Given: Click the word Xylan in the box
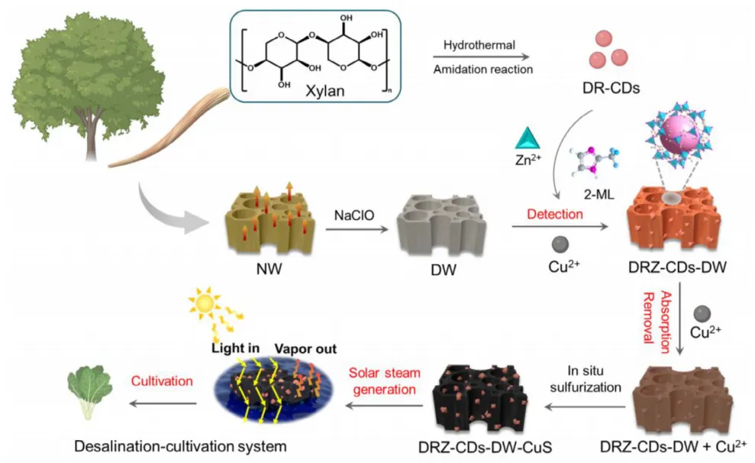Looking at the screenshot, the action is pyautogui.click(x=325, y=91).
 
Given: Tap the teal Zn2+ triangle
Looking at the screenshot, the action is pyautogui.click(x=528, y=138).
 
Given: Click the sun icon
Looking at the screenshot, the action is pyautogui.click(x=205, y=303).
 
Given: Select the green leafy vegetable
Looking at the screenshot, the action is pyautogui.click(x=89, y=391).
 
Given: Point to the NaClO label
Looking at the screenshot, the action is pyautogui.click(x=354, y=215).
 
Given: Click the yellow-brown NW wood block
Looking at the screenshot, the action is pyautogui.click(x=270, y=220).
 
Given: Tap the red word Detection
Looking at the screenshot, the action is pyautogui.click(x=555, y=214).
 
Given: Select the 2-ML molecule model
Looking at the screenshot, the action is pyautogui.click(x=595, y=161).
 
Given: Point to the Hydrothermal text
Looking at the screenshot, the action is pyautogui.click(x=479, y=45).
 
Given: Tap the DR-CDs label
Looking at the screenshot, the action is pyautogui.click(x=611, y=88).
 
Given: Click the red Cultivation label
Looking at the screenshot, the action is pyautogui.click(x=162, y=381).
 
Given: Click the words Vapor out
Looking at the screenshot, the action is pyautogui.click(x=305, y=349).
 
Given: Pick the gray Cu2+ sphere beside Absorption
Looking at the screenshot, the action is pyautogui.click(x=702, y=314).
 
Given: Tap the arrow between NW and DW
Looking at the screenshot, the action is pyautogui.click(x=357, y=229).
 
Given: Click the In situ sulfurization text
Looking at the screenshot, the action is pyautogui.click(x=586, y=379).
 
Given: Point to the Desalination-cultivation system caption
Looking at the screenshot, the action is pyautogui.click(x=180, y=446).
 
